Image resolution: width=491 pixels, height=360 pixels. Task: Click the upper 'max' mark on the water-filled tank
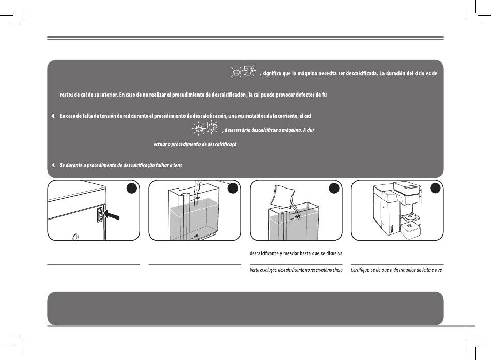[197, 197]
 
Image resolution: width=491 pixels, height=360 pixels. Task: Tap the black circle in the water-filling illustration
[234, 190]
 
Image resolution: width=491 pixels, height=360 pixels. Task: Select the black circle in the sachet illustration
[335, 190]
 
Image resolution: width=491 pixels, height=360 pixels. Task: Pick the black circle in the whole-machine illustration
[436, 190]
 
